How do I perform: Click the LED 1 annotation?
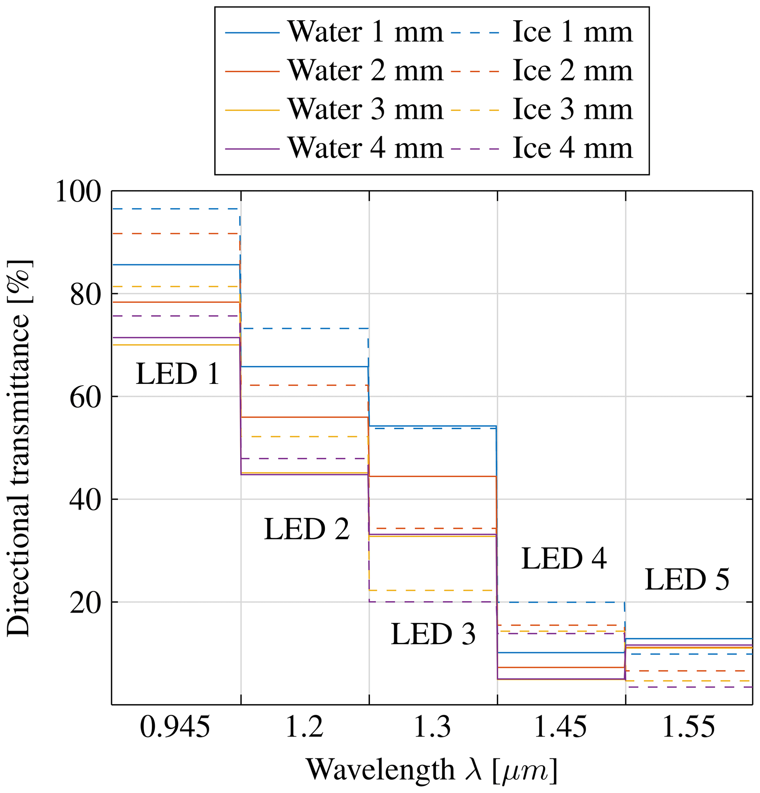point(177,374)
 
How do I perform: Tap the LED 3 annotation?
point(433,633)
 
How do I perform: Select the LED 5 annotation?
point(687,579)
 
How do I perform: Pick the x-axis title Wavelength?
point(431,769)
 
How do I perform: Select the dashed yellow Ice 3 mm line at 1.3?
point(433,590)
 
